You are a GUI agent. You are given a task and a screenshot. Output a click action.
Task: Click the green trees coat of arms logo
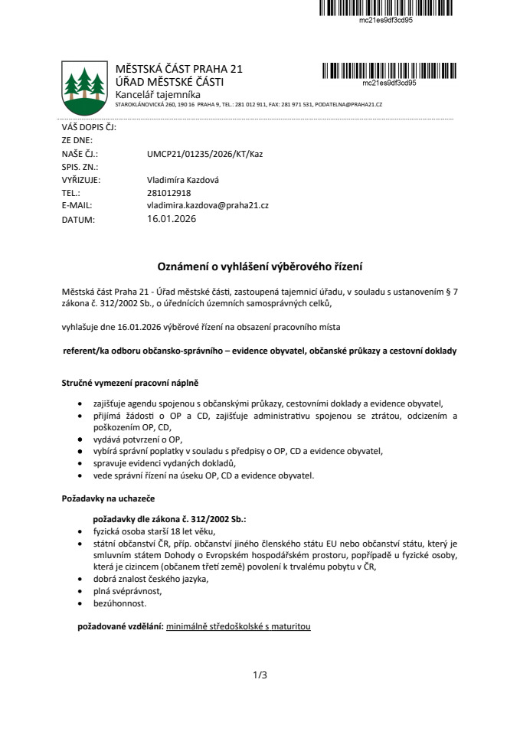(x=83, y=86)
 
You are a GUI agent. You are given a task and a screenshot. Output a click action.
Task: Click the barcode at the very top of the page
(x=386, y=8)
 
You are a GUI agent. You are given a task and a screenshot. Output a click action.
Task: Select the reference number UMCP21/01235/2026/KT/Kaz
(x=204, y=154)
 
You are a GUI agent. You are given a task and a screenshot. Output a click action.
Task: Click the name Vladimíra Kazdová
(x=182, y=180)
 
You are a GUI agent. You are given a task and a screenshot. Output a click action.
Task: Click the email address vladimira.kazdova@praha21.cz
(x=208, y=206)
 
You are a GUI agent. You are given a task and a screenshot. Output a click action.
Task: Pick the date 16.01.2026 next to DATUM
(x=172, y=219)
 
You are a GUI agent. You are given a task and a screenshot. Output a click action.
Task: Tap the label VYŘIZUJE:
(x=80, y=180)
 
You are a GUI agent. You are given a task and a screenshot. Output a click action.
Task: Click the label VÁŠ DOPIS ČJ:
(x=88, y=128)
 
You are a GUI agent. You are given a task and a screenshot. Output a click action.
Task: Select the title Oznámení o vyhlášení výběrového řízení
(x=260, y=267)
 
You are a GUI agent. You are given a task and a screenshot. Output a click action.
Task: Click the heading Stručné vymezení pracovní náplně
(x=129, y=382)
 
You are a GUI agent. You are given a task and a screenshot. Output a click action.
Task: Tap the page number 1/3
(x=260, y=675)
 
